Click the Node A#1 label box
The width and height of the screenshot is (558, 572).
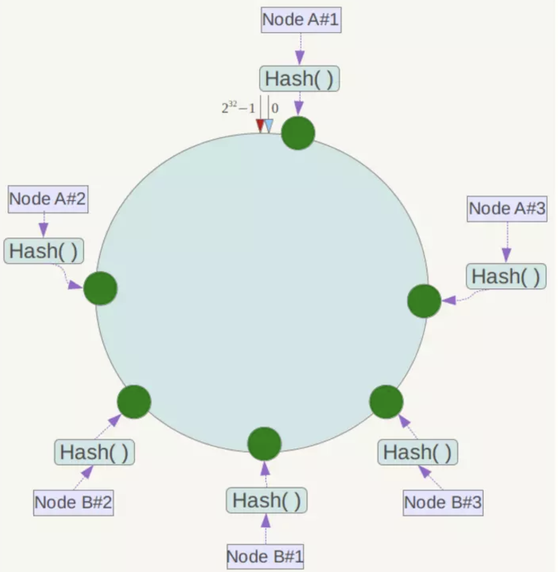tap(301, 20)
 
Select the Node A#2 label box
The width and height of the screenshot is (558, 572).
tap(48, 199)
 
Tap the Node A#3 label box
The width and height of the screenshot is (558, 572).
tap(507, 208)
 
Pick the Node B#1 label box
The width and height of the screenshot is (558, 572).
tap(265, 556)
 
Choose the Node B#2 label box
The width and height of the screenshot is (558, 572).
tap(73, 502)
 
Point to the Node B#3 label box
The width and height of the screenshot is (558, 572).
tap(443, 502)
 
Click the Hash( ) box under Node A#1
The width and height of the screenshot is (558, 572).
tap(299, 79)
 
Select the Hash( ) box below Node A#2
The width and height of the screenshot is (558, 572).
tap(43, 251)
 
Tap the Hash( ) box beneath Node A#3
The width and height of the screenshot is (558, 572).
tap(506, 276)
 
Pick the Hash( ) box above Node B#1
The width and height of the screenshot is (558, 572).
tap(266, 501)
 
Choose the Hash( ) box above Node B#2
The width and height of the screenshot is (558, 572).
tap(94, 452)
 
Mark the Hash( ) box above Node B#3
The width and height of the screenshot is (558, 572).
tap(417, 452)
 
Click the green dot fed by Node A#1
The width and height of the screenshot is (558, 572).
tap(298, 133)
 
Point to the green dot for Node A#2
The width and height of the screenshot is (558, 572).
tap(100, 288)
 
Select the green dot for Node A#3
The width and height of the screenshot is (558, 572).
tap(424, 301)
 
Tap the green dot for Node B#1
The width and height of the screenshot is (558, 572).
tap(264, 444)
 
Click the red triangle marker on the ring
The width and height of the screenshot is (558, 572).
tap(260, 125)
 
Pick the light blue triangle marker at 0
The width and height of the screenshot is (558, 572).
tap(269, 125)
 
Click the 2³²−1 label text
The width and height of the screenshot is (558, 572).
tap(238, 108)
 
